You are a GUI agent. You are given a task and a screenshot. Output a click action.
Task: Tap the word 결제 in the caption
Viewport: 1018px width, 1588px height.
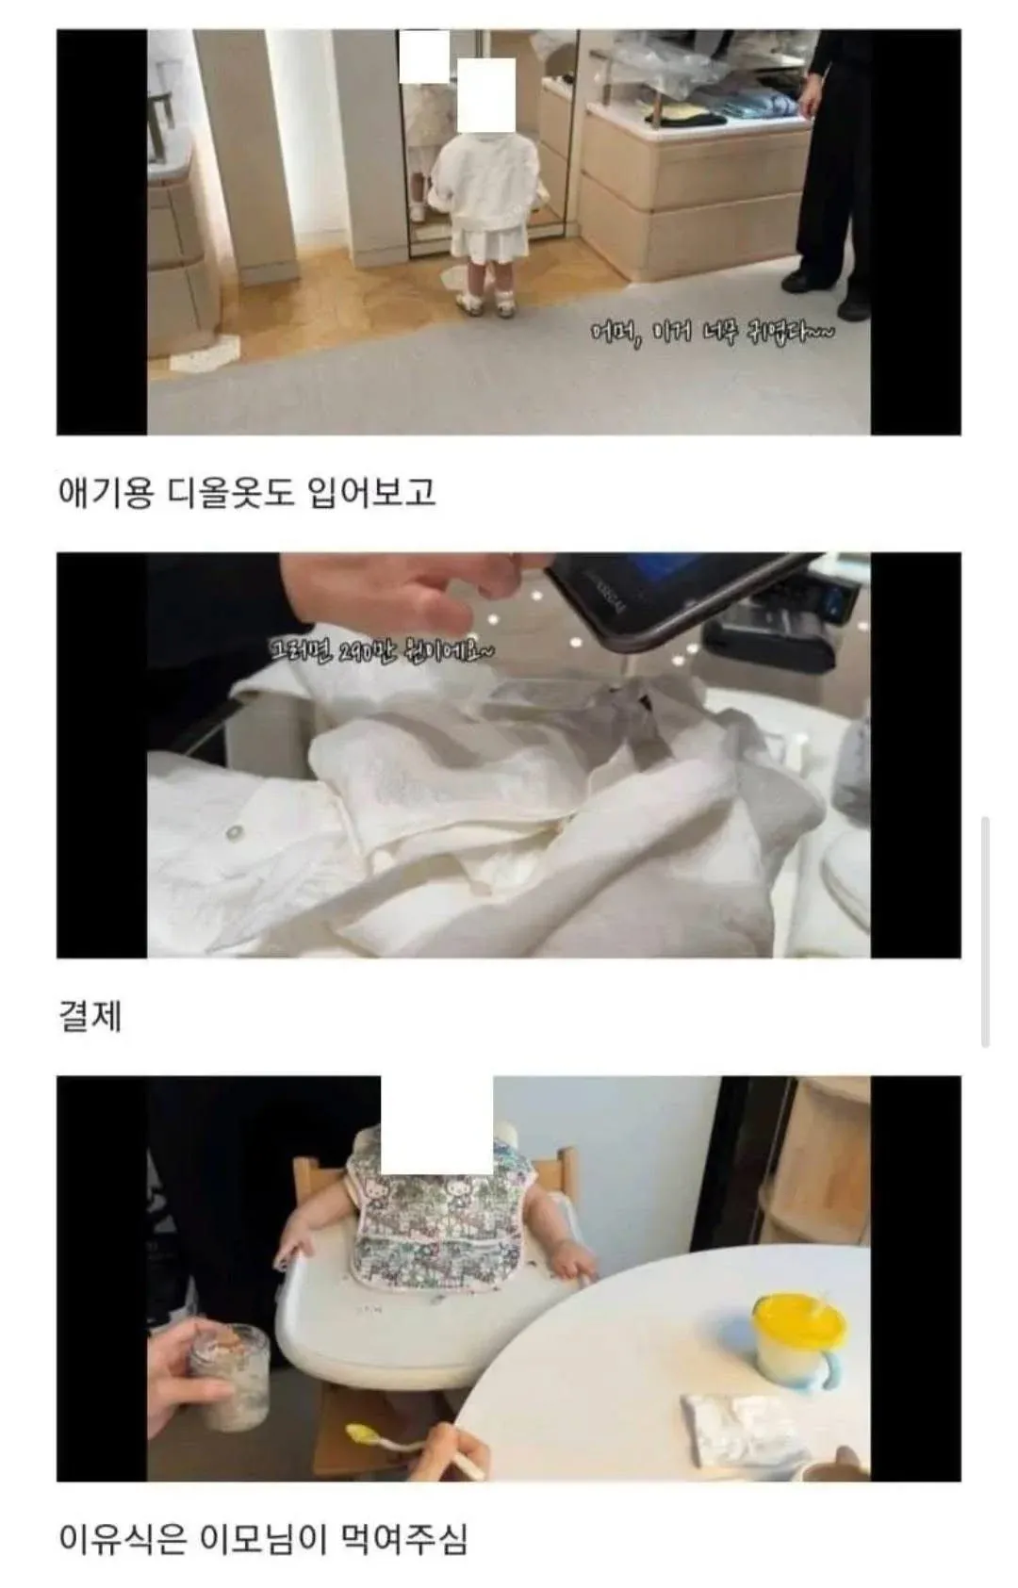coord(90,1017)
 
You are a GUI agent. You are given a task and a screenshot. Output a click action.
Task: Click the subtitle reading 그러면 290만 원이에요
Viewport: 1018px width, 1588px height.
coord(381,649)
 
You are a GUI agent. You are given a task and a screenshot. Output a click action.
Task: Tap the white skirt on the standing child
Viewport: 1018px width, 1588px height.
coord(486,241)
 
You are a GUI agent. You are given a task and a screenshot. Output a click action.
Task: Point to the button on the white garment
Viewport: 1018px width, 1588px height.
coord(233,832)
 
